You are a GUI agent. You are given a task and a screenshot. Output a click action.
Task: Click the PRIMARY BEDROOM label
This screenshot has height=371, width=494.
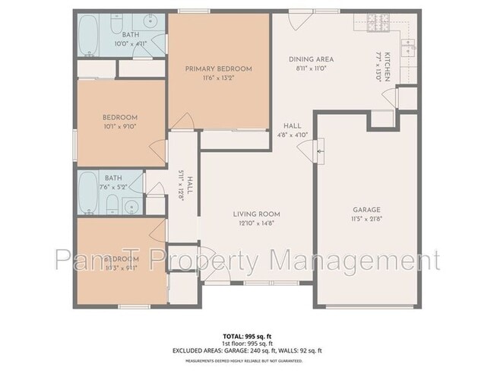tap(219, 69)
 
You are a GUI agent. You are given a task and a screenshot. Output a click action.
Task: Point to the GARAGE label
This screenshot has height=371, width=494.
tap(366, 210)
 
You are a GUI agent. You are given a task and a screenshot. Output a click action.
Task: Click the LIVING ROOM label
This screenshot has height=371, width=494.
tap(257, 214)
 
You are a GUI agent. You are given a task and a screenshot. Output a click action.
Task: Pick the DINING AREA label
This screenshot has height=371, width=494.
tap(311, 59)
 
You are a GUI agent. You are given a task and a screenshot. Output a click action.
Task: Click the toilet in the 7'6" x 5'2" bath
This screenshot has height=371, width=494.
tap(111, 204)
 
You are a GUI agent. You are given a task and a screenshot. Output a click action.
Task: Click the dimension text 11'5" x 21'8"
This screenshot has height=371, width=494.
tap(366, 219)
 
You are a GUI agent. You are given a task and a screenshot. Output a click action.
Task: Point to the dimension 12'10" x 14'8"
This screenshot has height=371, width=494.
tap(257, 224)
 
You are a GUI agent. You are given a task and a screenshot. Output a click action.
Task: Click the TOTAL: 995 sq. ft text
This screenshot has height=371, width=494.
tap(246, 335)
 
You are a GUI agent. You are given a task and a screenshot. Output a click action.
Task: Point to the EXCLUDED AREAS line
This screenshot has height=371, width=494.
tap(246, 350)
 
